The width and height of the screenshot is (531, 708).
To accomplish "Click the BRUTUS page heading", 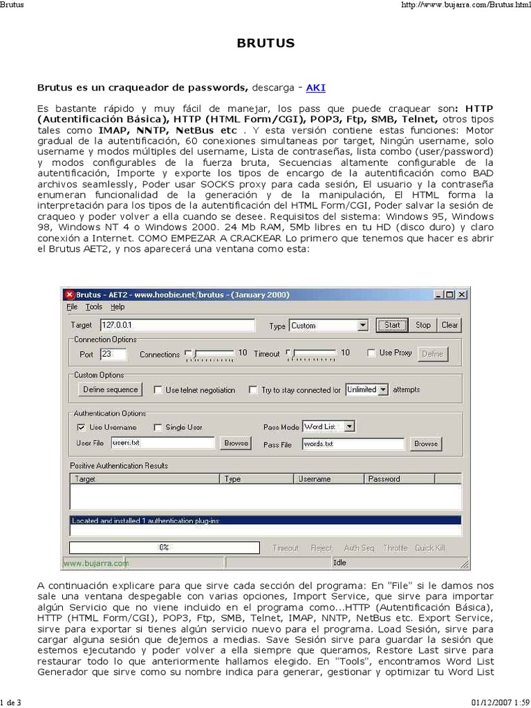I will pyautogui.click(x=265, y=43).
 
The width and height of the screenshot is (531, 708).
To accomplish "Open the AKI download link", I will pyautogui.click(x=315, y=88).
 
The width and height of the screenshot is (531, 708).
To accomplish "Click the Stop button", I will pyautogui.click(x=422, y=325).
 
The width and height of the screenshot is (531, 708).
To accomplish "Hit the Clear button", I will pyautogui.click(x=449, y=325).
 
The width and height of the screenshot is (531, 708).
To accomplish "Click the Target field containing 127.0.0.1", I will pyautogui.click(x=180, y=325).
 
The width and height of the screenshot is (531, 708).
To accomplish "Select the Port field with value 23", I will pyautogui.click(x=113, y=354).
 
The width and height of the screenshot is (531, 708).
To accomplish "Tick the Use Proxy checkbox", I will pyautogui.click(x=371, y=353).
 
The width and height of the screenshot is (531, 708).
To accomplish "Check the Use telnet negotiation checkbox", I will pyautogui.click(x=158, y=390).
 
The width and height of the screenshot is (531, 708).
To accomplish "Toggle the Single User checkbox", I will pyautogui.click(x=158, y=427).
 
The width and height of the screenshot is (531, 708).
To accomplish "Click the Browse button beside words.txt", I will pyautogui.click(x=425, y=444).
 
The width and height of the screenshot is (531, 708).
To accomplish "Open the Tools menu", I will pyautogui.click(x=93, y=307).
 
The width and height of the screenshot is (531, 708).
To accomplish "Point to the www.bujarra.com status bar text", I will pyautogui.click(x=96, y=563).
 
